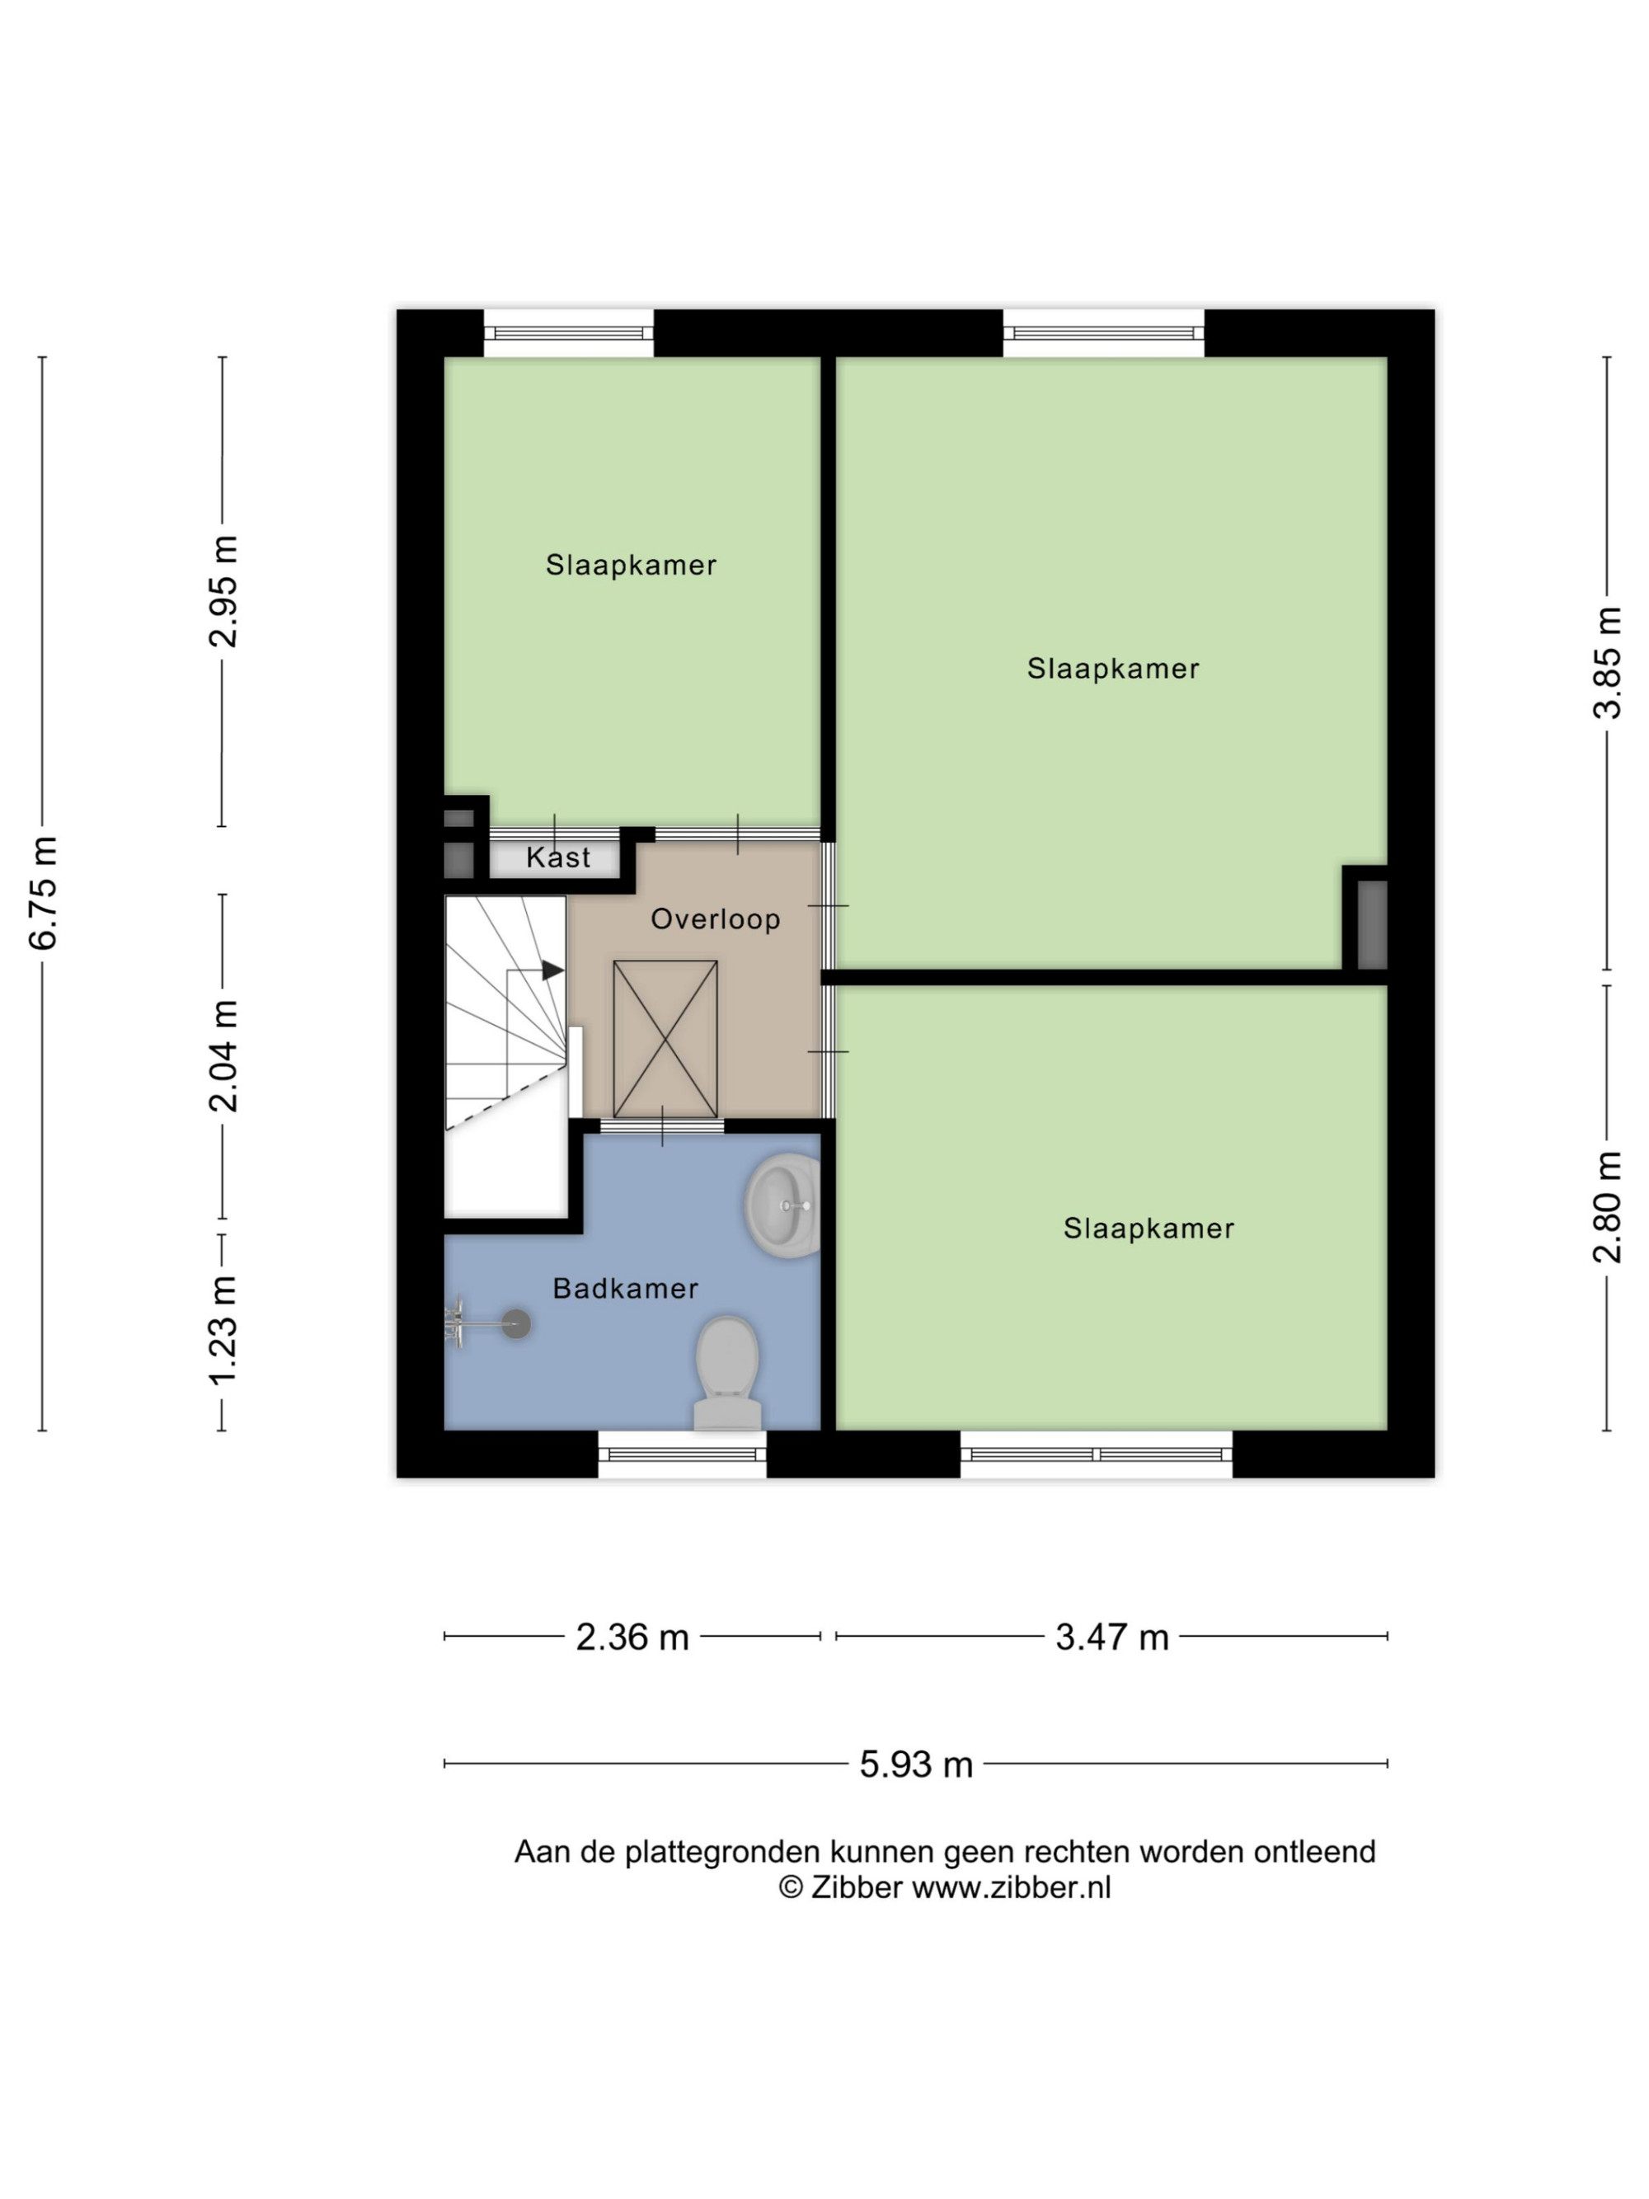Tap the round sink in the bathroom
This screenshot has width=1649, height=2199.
tap(783, 1205)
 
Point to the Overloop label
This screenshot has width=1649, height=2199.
tap(716, 919)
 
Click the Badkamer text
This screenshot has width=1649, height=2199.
tap(625, 1289)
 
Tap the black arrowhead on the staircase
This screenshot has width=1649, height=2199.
tap(552, 970)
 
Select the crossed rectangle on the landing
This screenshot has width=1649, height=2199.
tap(665, 1039)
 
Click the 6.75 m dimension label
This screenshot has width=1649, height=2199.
tap(44, 893)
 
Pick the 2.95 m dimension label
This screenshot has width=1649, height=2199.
tap(223, 590)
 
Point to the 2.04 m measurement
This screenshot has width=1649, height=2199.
tap(223, 1055)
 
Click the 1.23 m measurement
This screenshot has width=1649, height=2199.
tap(223, 1330)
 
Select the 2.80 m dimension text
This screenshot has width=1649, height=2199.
tap(1607, 1207)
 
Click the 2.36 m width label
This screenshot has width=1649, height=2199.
tap(632, 1637)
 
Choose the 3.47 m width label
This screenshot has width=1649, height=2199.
tap(1111, 1637)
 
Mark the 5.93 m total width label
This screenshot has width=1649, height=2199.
tap(915, 1764)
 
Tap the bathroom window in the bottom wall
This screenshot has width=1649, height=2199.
tap(682, 1454)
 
